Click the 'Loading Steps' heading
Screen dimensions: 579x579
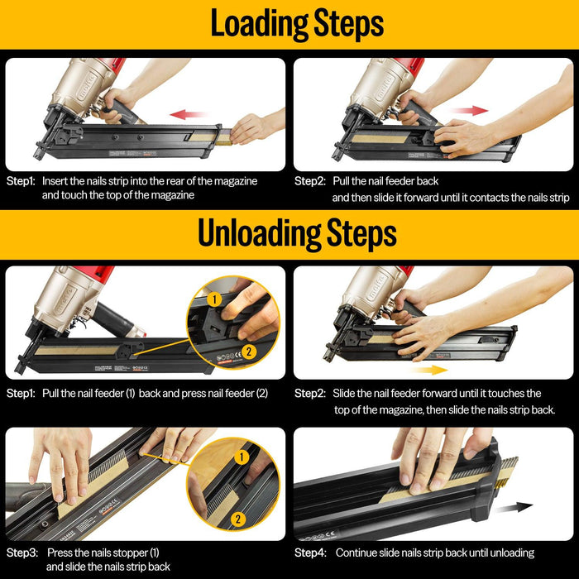(297, 24)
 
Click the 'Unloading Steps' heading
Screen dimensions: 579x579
(297, 234)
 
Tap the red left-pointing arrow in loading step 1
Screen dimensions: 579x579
(189, 114)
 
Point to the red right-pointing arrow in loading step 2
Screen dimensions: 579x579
(469, 110)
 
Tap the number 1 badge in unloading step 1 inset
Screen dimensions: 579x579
(214, 299)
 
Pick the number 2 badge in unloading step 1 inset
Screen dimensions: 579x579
(248, 352)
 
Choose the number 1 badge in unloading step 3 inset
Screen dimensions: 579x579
(242, 457)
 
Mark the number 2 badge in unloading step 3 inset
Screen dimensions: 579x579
(238, 519)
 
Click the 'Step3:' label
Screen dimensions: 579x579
(22, 553)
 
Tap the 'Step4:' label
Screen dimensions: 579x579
(310, 553)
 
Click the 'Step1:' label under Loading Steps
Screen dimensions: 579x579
(21, 181)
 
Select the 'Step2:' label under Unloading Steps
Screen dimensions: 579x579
(310, 393)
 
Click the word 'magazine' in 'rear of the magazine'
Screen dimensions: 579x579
(236, 182)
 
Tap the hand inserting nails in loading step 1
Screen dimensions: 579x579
(255, 127)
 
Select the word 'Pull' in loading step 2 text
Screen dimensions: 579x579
(341, 181)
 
